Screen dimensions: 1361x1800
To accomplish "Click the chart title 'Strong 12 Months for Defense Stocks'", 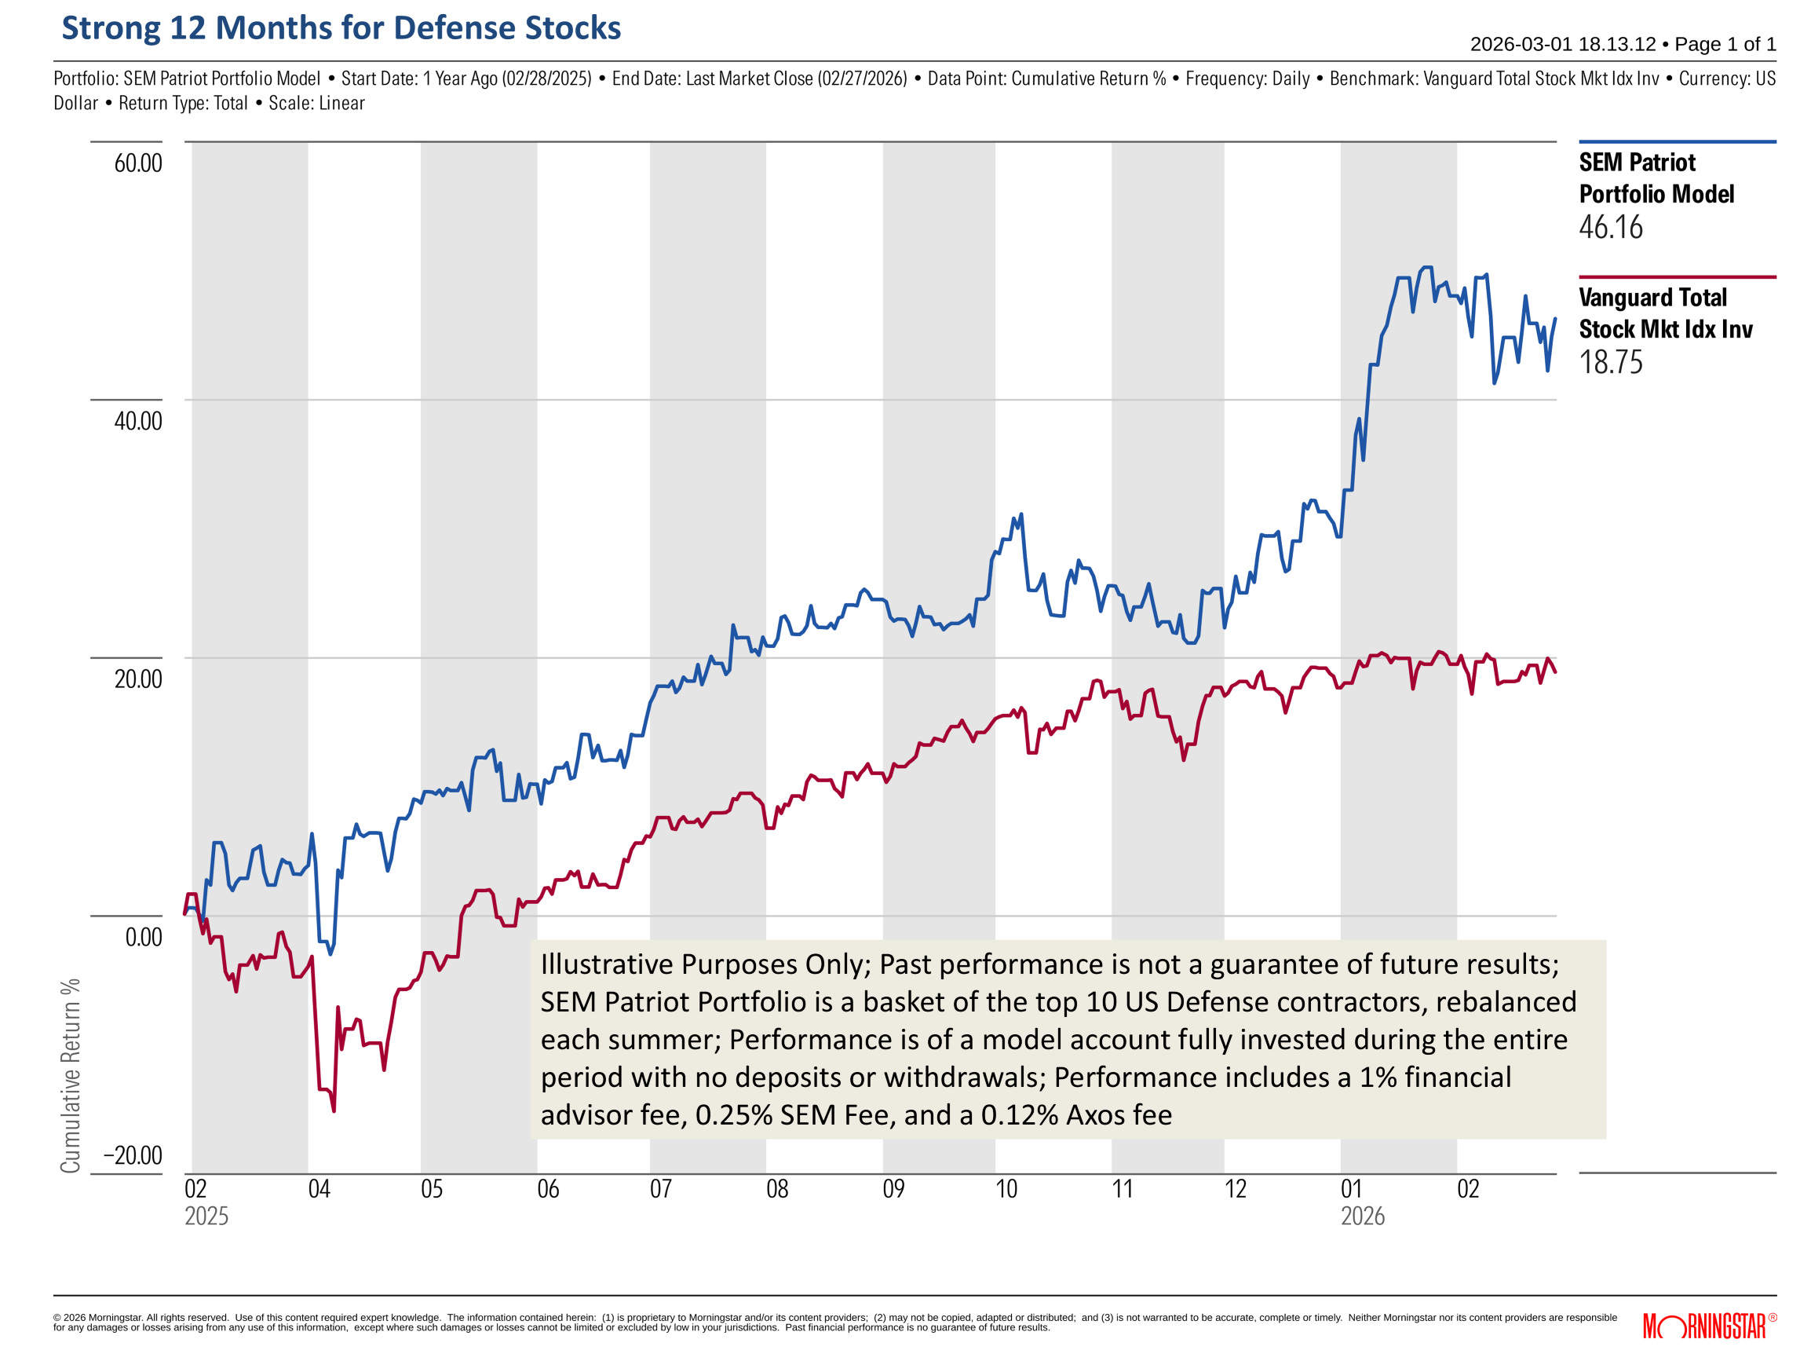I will pyautogui.click(x=341, y=27).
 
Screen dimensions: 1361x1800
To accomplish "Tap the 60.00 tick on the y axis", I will pyautogui.click(x=137, y=163).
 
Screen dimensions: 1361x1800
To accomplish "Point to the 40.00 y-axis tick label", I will pyautogui.click(x=137, y=422).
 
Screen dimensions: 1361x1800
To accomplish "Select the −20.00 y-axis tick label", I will pyautogui.click(x=133, y=1156).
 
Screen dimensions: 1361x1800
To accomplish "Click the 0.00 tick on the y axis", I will pyautogui.click(x=143, y=938).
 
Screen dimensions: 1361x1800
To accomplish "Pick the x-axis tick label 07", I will pyautogui.click(x=661, y=1190).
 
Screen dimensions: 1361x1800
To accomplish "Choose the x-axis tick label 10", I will pyautogui.click(x=1006, y=1190).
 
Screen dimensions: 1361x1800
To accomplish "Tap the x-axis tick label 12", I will pyautogui.click(x=1236, y=1190).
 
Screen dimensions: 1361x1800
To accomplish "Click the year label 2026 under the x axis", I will pyautogui.click(x=1363, y=1217).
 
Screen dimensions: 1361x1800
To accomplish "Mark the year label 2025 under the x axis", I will pyautogui.click(x=206, y=1217).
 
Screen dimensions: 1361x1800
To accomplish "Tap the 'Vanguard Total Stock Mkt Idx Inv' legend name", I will pyautogui.click(x=1664, y=313).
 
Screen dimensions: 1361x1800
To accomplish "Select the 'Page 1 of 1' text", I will pyautogui.click(x=1725, y=44).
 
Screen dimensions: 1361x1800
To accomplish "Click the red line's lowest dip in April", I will pyautogui.click(x=334, y=1110).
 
